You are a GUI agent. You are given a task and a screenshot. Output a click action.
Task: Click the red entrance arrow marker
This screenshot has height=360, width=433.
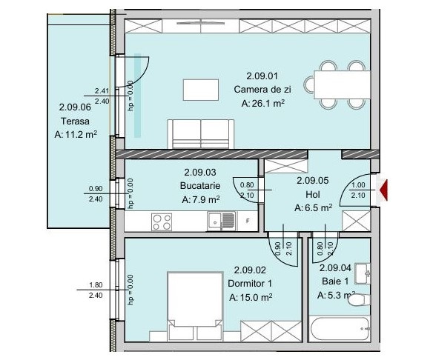click(384, 190)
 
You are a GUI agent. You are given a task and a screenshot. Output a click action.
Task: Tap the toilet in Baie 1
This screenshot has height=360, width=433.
click(359, 300)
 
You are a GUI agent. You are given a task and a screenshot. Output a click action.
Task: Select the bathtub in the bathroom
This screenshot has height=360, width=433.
click(340, 329)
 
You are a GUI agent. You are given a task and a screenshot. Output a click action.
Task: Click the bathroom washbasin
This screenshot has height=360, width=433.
click(363, 273)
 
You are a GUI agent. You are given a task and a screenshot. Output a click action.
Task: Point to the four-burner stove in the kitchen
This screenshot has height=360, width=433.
click(162, 222)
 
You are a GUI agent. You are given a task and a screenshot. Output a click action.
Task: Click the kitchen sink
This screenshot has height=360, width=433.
click(222, 221)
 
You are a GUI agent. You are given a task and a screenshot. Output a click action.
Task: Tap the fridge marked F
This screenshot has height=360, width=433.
click(248, 221)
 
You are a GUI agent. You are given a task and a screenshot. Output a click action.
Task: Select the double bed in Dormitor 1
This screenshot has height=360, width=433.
click(195, 306)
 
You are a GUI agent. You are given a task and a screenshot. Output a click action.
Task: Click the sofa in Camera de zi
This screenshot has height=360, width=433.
click(201, 134)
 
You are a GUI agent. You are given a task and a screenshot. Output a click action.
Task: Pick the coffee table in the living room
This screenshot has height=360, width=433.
click(201, 90)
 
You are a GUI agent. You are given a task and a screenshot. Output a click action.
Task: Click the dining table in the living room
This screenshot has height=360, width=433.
click(342, 84)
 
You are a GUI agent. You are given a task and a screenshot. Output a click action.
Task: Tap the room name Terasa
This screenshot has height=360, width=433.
click(75, 121)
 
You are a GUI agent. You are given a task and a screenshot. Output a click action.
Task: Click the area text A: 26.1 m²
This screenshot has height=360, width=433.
click(263, 103)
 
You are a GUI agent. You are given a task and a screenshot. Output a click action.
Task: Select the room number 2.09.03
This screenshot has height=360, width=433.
click(200, 173)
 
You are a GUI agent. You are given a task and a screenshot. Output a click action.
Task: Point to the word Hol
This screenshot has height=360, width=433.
click(313, 195)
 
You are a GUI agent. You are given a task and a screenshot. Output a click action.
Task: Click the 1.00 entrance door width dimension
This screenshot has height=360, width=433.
click(358, 185)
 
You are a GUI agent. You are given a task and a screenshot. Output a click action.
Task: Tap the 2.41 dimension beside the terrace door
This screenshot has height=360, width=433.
click(102, 91)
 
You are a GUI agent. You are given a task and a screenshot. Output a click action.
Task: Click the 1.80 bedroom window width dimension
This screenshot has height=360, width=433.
click(96, 284)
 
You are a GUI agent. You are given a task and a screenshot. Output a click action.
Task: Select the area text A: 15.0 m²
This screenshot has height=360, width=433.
click(251, 297)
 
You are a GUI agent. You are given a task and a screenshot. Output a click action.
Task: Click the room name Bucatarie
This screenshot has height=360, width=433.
click(200, 186)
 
